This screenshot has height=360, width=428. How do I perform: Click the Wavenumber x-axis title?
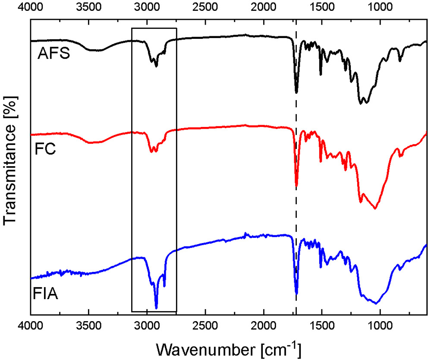229,347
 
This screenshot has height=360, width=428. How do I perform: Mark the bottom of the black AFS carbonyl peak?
296,92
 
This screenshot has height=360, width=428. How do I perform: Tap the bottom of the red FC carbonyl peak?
296,186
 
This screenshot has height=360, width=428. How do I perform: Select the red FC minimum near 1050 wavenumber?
374,209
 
